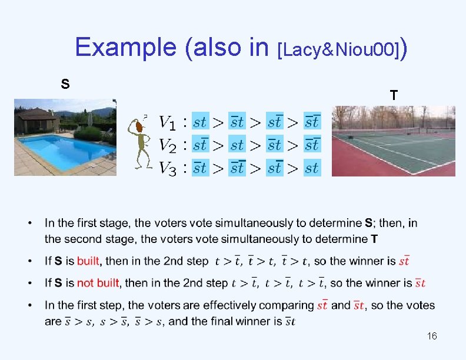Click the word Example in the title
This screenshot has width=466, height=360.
126,47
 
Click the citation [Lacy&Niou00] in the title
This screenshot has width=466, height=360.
338,51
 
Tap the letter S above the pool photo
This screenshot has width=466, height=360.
65,84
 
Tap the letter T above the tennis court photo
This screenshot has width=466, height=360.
393,95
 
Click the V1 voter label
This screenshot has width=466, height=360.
167,122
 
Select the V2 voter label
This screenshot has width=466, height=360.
167,145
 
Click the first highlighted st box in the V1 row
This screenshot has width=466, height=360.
200,122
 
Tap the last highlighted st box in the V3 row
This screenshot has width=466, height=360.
312,168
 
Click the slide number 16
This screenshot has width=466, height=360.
432,336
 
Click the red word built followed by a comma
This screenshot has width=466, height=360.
89,261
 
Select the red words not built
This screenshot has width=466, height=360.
98,283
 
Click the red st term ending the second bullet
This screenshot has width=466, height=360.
404,261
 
